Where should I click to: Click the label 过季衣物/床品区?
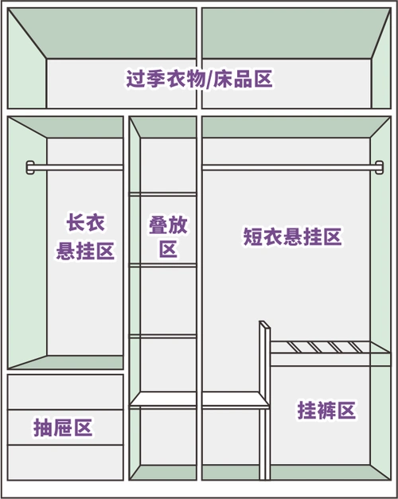(199, 80)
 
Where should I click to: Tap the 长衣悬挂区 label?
(85, 236)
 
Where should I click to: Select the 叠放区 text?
(168, 236)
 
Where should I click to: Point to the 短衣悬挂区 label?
(292, 236)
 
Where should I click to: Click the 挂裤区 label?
(326, 410)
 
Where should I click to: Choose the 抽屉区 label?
(63, 427)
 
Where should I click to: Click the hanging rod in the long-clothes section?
(76, 167)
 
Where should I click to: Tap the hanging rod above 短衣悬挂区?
(287, 167)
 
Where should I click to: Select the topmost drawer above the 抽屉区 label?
(65, 392)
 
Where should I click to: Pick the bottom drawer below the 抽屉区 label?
(65, 462)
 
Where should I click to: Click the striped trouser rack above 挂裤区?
(328, 347)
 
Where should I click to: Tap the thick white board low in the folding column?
(163, 400)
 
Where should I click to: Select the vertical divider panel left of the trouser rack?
(264, 398)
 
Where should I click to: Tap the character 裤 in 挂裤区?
(326, 410)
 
